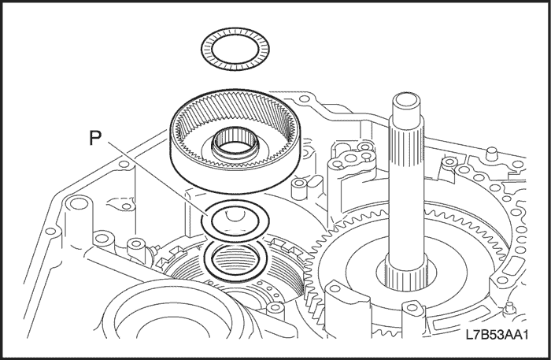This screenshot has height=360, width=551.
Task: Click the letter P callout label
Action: click(x=95, y=137)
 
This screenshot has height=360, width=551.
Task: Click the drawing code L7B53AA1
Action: click(x=497, y=334)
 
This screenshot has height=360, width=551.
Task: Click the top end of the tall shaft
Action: click(x=405, y=102)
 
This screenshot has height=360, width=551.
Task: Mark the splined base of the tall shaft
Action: click(x=407, y=275)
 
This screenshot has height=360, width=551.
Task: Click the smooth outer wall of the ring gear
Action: click(x=235, y=176)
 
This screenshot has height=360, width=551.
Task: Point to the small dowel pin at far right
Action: click(x=492, y=154)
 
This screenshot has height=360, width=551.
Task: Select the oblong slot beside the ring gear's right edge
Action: click(x=315, y=182)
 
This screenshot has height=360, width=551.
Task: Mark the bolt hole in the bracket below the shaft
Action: click(x=412, y=308)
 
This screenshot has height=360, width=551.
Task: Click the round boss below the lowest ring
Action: click(x=275, y=309)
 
